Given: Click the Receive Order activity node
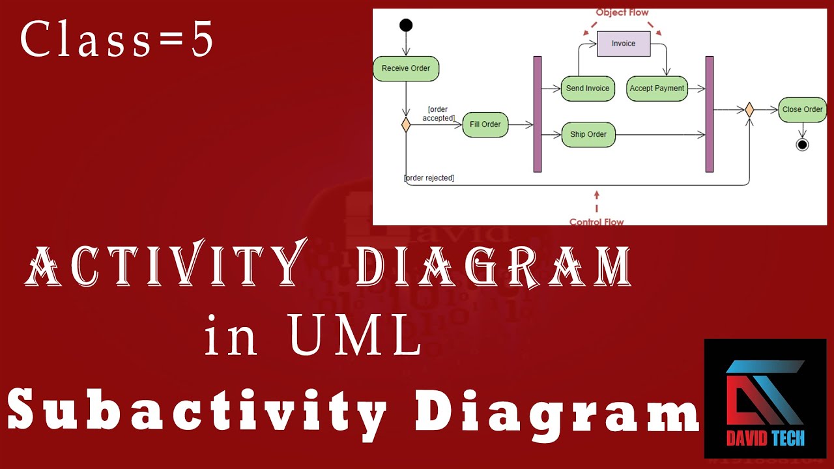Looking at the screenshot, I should point(406,69).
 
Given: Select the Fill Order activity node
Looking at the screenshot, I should point(485,124).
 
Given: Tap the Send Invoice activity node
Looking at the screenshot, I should point(588,89).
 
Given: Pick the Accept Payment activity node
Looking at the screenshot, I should point(657,89).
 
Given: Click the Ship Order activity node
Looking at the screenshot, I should point(588,135).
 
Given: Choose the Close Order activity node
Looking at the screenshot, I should point(802,109).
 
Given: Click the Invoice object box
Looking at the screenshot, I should point(624,44).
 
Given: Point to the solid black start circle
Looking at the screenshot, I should point(406,25).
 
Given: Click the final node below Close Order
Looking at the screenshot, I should point(802,145).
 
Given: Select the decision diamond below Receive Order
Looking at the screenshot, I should point(406,124).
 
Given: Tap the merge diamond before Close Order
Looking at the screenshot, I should point(749,110).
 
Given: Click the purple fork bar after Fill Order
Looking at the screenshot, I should point(538,114).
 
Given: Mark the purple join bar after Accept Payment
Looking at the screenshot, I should point(710,114).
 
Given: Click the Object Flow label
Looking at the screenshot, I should point(622,12).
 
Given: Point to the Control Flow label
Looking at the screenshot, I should point(596,221).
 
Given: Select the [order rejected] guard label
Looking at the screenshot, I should point(429,178).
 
